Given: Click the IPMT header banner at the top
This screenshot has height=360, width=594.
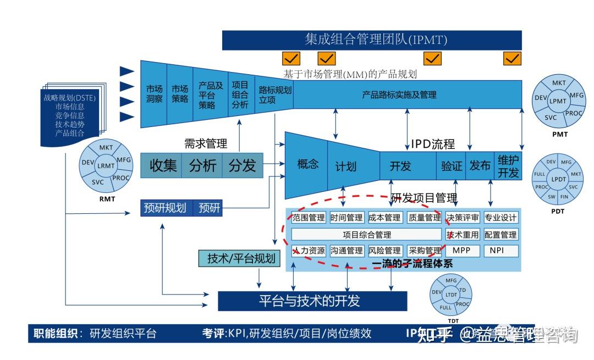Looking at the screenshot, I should [371, 40].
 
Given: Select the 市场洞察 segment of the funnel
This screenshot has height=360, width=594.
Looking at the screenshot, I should [154, 94].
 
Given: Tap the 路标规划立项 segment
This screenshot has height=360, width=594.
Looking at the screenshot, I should [274, 94].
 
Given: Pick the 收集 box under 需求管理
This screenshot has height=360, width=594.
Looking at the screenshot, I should [163, 165].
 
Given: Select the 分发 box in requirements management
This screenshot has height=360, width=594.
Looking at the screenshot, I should [243, 165].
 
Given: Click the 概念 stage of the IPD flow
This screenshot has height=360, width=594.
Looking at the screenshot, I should [307, 164].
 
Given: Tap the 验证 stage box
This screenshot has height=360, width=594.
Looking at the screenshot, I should [452, 165].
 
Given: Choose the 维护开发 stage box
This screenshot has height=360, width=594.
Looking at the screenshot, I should [508, 165].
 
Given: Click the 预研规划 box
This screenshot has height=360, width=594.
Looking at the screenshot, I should [166, 208].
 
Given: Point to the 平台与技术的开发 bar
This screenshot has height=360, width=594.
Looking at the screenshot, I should [312, 301].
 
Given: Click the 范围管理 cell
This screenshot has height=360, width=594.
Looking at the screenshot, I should [309, 218].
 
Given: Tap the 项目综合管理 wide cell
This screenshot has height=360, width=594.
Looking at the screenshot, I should [366, 235].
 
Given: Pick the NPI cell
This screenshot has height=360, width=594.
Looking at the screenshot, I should [501, 251].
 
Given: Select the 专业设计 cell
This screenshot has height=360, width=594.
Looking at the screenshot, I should [501, 218].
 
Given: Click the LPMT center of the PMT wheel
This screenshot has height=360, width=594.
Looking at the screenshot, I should [558, 101].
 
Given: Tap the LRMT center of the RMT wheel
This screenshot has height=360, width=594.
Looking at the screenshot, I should [106, 165].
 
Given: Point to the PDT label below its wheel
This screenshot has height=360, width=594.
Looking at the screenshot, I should [558, 211].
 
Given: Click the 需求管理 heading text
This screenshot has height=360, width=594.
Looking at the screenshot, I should [205, 143].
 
